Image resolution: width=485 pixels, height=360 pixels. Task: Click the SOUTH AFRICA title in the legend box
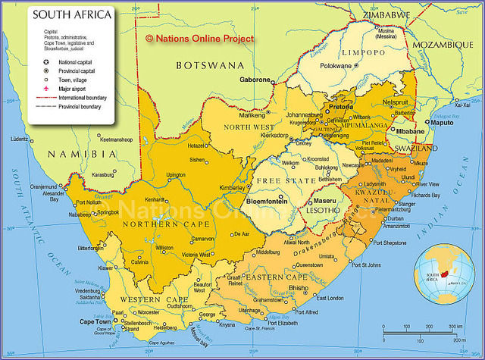[x=71, y=14]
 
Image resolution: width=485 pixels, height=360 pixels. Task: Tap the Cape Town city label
[x=95, y=321]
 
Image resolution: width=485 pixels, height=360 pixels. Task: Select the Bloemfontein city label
[x=267, y=201]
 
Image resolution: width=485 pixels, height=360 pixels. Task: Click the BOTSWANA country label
[x=210, y=66]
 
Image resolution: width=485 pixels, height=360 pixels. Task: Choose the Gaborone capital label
[x=255, y=80]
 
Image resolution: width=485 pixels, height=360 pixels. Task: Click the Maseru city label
[x=324, y=201]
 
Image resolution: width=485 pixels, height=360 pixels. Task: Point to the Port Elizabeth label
[x=277, y=323]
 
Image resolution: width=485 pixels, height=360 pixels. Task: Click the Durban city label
[x=395, y=218]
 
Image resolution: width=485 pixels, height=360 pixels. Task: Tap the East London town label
[x=330, y=298]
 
